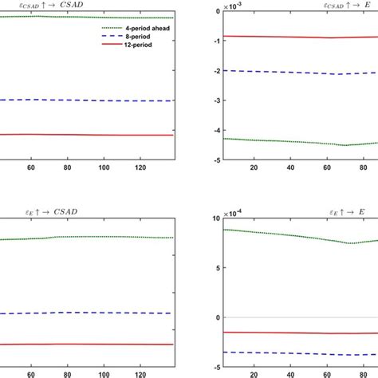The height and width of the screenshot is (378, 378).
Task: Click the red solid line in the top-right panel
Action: (287, 37)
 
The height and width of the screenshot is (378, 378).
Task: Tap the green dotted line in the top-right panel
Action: (287, 141)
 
